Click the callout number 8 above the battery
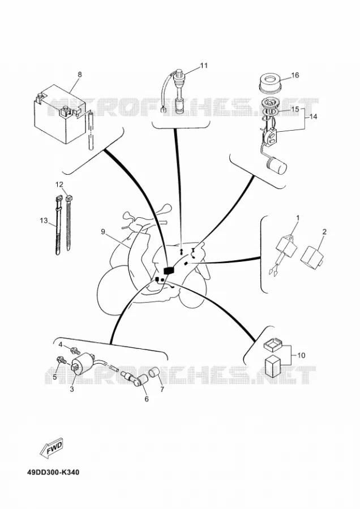pos(80,74)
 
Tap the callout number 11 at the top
pos(203,66)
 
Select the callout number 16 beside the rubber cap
pos(295,75)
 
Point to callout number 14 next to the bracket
pos(313,117)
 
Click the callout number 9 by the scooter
pos(103,231)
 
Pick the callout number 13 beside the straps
pos(44,221)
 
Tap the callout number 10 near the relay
pos(301,356)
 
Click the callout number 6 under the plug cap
pos(147,399)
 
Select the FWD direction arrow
pos(51,448)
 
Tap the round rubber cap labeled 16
pos(271,83)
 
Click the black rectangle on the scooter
pos(169,270)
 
